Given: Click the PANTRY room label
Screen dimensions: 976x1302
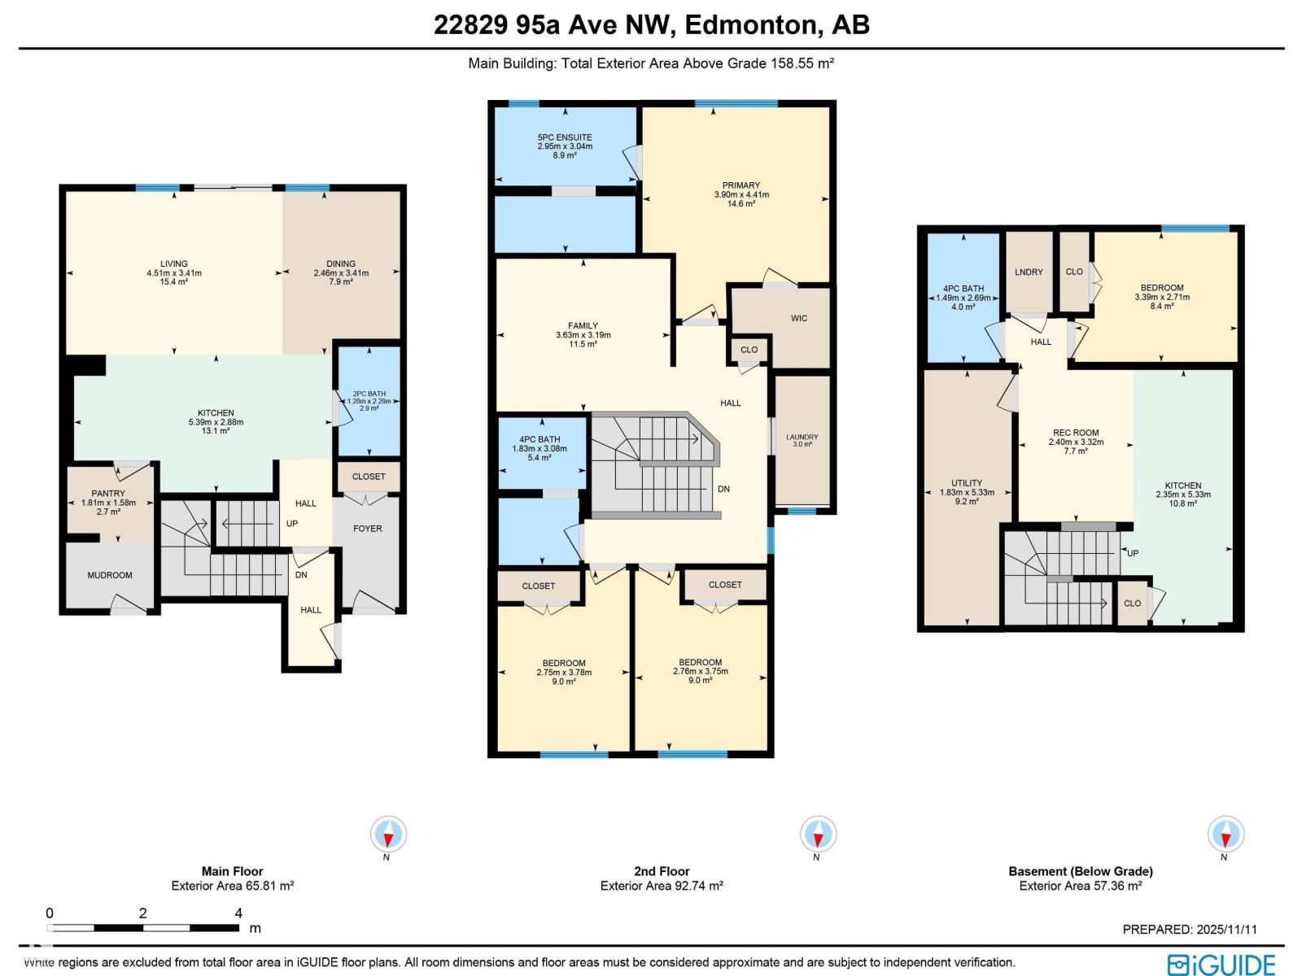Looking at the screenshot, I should coord(108,494).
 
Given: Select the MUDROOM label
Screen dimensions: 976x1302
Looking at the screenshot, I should coord(110,575).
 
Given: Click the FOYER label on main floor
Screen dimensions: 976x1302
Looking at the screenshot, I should coord(367,529).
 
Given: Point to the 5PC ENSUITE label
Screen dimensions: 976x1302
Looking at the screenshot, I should coord(565,137).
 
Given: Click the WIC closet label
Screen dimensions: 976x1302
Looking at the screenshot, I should coord(799,318).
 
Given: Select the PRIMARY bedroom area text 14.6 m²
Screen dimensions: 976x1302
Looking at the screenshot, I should coord(741,204).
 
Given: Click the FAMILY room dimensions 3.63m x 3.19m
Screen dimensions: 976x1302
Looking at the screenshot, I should coord(583,335).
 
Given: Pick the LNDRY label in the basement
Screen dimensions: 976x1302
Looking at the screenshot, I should coord(1029,272).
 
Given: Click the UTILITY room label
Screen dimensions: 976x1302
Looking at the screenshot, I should coord(967,483).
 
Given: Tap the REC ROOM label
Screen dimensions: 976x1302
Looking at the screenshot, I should coord(1076,434).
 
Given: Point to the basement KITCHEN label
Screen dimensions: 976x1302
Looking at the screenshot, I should coord(1183,486).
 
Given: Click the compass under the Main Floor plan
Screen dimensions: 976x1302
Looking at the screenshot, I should coord(388,834).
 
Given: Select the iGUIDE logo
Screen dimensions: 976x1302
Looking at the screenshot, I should coord(1221,964).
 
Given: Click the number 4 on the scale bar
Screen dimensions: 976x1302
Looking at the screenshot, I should coord(238,913).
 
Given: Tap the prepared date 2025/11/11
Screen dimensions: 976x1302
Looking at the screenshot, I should coord(1226,930).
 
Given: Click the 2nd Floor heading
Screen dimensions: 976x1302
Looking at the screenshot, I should coord(662,871).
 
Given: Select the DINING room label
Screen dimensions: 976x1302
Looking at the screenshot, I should coord(341,264).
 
